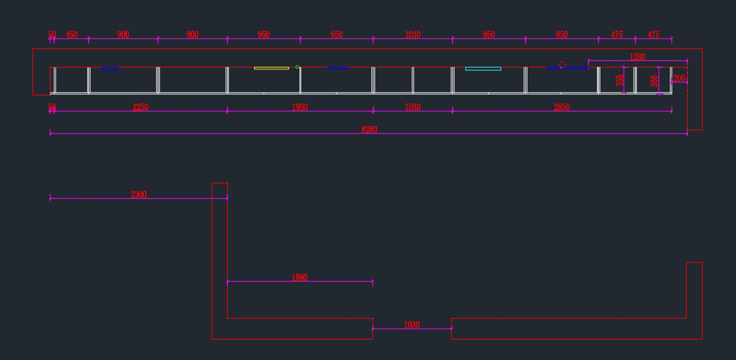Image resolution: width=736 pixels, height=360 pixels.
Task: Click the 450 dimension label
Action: (x=72, y=35)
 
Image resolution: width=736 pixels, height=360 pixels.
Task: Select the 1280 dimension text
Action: (x=637, y=57)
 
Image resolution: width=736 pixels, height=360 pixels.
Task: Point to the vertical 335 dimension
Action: (x=619, y=80)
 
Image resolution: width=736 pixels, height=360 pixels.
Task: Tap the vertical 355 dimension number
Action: (x=654, y=81)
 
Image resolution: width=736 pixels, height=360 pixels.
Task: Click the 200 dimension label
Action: (x=679, y=79)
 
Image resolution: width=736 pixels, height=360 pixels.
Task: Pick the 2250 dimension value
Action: (x=140, y=107)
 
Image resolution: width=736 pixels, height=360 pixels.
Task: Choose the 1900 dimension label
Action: (x=300, y=107)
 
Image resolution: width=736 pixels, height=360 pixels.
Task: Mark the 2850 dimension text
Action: (x=562, y=107)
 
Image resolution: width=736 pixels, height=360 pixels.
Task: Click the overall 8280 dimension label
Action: (x=369, y=129)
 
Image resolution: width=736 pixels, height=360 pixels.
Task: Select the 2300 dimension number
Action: (x=139, y=194)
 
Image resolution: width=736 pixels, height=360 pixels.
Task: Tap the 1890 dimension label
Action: (x=299, y=277)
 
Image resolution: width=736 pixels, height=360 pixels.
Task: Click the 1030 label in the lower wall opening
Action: (x=412, y=325)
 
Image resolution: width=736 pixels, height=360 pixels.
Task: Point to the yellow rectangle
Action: (x=271, y=68)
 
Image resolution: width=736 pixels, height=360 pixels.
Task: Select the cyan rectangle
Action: (x=483, y=69)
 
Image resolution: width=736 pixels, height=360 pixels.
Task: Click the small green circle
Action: (x=297, y=67)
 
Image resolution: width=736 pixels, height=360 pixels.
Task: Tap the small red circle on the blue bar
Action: (x=562, y=64)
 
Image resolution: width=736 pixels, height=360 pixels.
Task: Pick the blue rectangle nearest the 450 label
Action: (x=110, y=69)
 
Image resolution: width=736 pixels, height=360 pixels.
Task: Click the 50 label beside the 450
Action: (x=52, y=35)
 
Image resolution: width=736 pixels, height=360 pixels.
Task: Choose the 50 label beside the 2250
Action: (x=52, y=107)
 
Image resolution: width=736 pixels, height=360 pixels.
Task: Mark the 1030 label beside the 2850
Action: (x=413, y=107)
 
